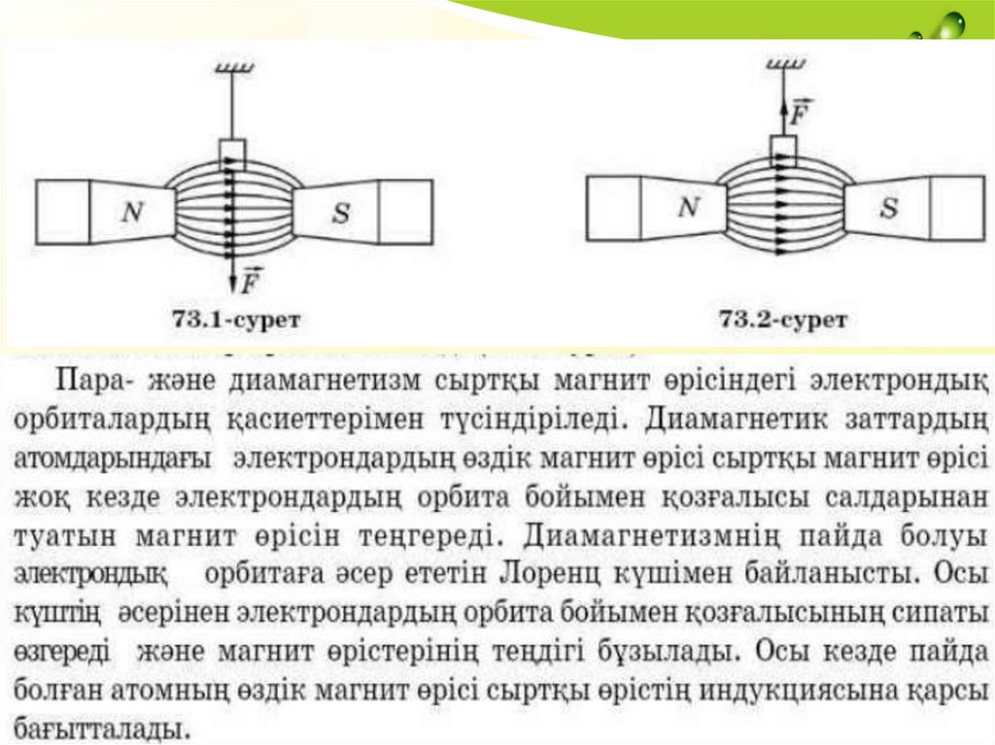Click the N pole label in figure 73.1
coord(131,212)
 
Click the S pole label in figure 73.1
coord(339,214)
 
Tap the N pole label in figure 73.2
coord(688,207)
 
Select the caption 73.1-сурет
coord(236,316)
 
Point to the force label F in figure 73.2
coord(800,112)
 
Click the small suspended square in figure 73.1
coord(231,152)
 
